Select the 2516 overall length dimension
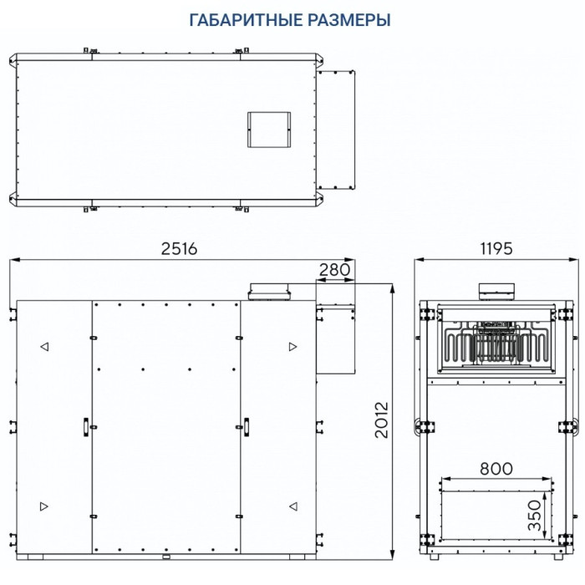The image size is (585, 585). tap(179, 249)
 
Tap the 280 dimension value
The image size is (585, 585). tap(334, 269)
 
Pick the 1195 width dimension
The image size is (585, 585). tap(497, 249)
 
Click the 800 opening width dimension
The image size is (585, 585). tap(496, 469)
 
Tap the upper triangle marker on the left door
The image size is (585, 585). tap(44, 346)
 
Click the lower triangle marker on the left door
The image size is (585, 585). tap(44, 506)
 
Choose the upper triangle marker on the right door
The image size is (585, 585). tap(292, 346)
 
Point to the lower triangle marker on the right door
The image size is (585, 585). tap(292, 506)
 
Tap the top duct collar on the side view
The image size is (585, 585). tap(496, 291)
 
